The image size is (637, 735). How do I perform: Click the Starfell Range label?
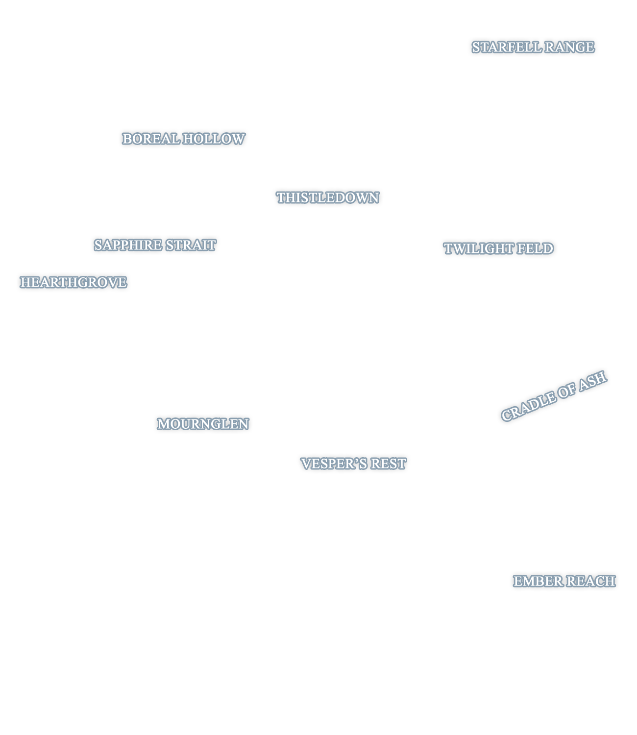[x=533, y=47]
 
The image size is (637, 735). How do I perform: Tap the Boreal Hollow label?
[x=184, y=138]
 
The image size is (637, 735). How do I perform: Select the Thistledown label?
[x=328, y=197]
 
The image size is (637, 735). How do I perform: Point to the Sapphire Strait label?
[x=155, y=245]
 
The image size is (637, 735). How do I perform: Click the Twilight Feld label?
[x=498, y=248]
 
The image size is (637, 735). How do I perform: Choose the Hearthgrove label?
[x=73, y=282]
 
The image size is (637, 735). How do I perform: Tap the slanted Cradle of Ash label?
[x=554, y=396]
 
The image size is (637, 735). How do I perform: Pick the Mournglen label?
[x=203, y=423]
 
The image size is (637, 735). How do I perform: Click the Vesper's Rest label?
[x=353, y=464]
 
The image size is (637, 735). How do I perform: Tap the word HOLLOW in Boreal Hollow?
[x=214, y=138]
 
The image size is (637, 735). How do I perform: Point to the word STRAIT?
[x=191, y=245]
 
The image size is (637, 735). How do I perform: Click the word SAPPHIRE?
[x=128, y=245]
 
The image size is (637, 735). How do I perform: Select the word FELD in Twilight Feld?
[x=535, y=248]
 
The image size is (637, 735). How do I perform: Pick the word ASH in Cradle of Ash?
[x=593, y=380]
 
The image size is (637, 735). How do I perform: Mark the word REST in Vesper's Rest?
[x=389, y=464]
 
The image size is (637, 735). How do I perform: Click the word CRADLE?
[x=529, y=406]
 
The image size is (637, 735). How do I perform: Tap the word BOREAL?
[x=151, y=138]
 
